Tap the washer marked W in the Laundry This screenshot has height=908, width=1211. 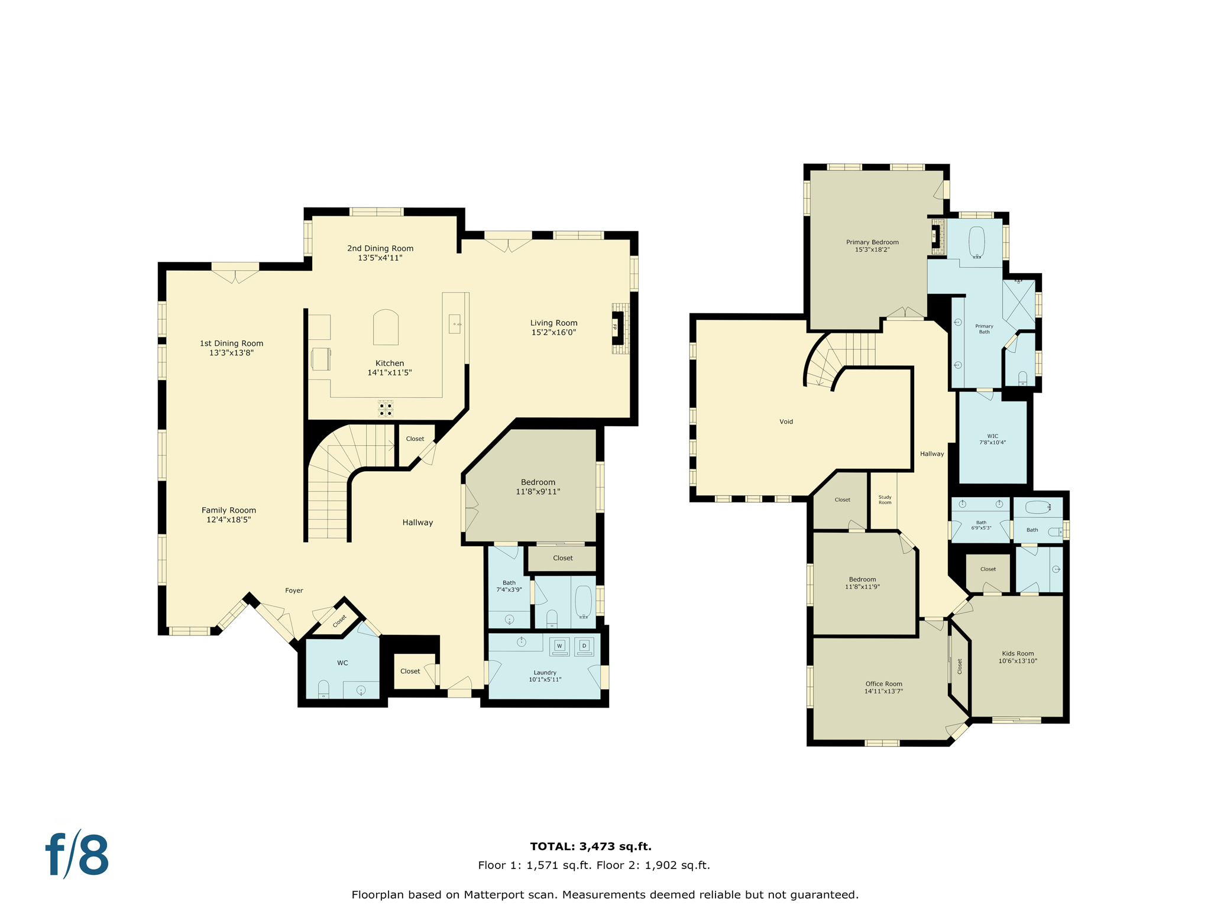tap(559, 646)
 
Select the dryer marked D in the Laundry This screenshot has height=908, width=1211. tap(584, 646)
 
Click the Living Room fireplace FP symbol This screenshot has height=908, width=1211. tap(617, 327)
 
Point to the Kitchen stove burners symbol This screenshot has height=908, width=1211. tap(386, 409)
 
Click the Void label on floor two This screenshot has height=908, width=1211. tap(786, 421)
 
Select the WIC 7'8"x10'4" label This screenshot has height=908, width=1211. tap(992, 439)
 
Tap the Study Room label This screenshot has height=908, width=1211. tap(885, 500)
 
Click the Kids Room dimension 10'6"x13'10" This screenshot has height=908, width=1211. tap(1018, 661)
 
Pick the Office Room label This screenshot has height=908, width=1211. tap(883, 683)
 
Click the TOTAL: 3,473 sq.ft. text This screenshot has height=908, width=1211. tap(590, 847)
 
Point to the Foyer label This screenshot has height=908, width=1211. tap(294, 591)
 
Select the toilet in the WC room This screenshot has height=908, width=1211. tap(323, 689)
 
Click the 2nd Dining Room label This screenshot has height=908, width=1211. tap(380, 248)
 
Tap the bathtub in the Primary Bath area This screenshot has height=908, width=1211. tap(977, 242)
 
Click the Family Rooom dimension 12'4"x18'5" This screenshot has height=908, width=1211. tap(228, 520)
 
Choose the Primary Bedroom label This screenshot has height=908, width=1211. tap(872, 242)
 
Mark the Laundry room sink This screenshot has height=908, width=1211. tap(522, 642)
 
